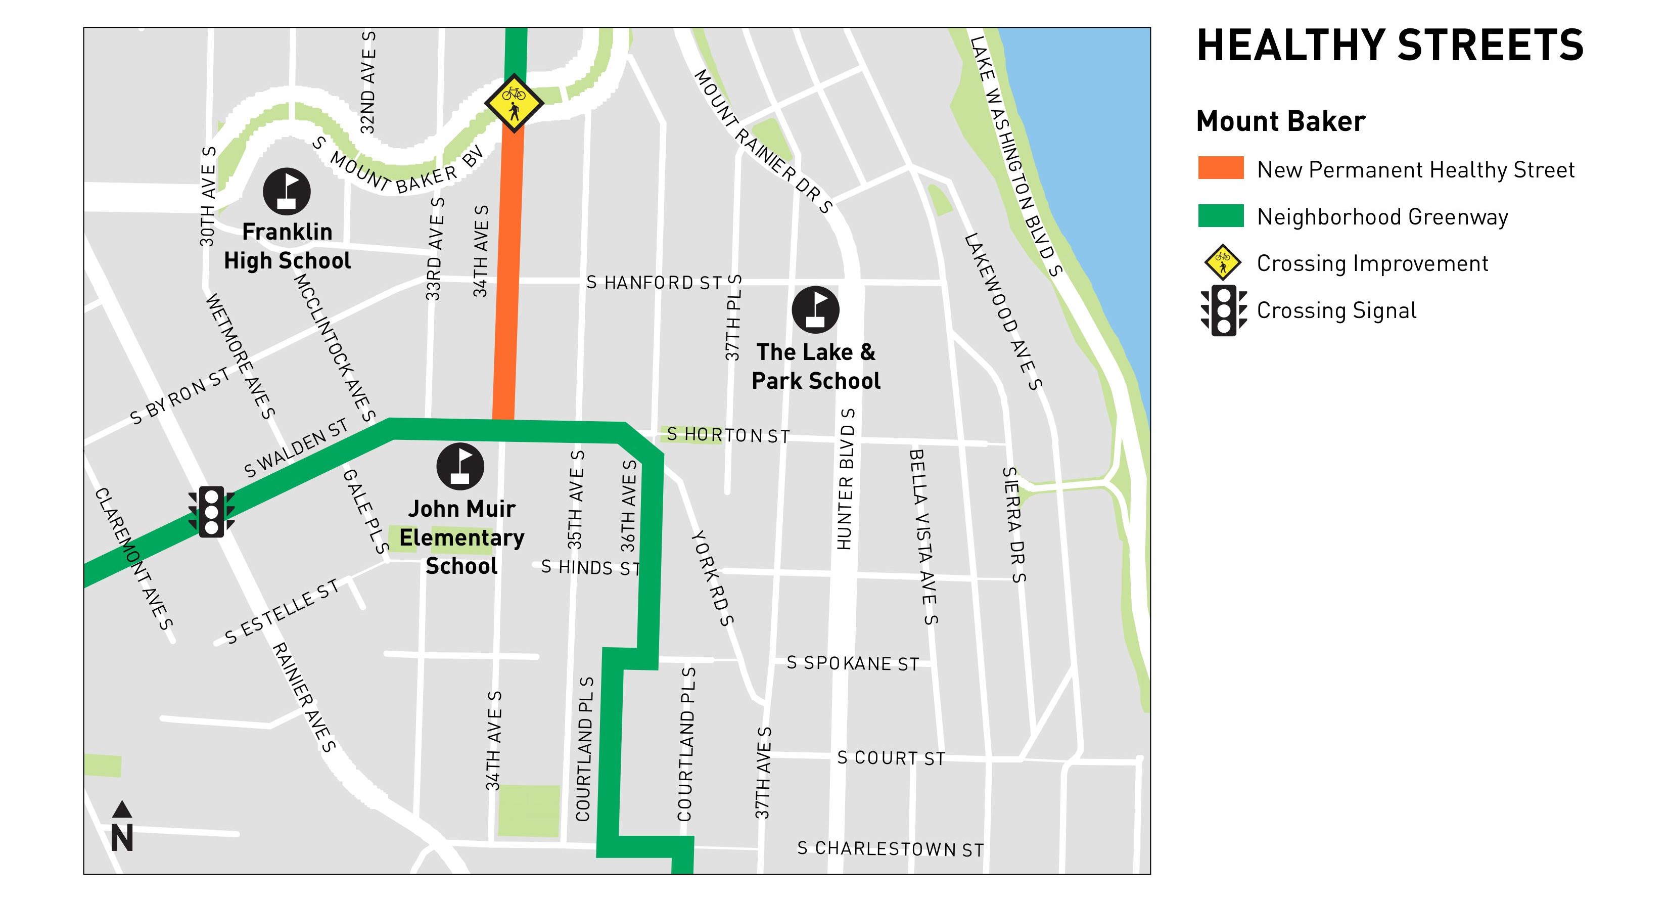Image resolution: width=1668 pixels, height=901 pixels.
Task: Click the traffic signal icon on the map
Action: [211, 512]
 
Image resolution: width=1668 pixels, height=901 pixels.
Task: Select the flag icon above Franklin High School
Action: [287, 192]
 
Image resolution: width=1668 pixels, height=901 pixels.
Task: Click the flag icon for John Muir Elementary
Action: [460, 466]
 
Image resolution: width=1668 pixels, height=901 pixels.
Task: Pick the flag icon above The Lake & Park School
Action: [816, 309]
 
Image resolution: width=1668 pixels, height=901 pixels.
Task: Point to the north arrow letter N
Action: [122, 837]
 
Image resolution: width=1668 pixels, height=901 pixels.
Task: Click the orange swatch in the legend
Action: [1221, 168]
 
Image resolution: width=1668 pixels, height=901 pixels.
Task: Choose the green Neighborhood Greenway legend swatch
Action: [1221, 216]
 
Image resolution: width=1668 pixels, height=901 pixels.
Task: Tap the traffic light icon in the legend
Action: [1223, 310]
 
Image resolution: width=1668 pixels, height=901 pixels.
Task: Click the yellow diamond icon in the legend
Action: [1223, 262]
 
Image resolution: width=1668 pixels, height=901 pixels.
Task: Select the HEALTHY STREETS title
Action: [1389, 46]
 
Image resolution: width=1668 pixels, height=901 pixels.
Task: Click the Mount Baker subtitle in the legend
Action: [1280, 121]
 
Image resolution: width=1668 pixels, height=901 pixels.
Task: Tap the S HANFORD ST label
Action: [654, 283]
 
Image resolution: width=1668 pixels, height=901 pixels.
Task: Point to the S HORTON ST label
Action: [728, 435]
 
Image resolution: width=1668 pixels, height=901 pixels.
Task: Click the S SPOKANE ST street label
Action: [852, 663]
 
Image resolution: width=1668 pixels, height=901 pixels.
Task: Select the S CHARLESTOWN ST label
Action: [890, 848]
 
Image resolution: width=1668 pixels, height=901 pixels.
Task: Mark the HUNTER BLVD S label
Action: [845, 479]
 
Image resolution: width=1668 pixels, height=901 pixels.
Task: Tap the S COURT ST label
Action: [891, 758]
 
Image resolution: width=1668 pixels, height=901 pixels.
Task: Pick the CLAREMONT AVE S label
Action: [134, 558]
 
